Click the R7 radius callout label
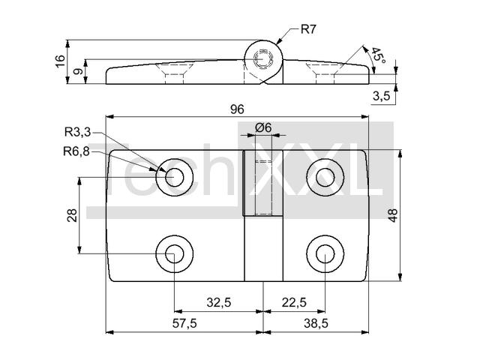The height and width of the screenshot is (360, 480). point(308,29)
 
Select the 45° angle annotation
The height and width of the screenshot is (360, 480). point(378,55)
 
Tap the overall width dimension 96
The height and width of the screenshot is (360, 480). point(237,109)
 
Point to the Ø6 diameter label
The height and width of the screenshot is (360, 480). point(263,127)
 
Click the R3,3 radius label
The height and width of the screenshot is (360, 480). point(77,132)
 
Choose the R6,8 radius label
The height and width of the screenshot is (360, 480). point(76,151)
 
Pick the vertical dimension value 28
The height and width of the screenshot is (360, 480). point(72,215)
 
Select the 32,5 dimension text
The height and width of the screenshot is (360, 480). point(218,302)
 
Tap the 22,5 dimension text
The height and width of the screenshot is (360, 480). point(294,302)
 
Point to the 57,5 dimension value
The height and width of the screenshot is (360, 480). point(184,323)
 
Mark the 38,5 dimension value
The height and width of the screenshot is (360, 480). point(316,323)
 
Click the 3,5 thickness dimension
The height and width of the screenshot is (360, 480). point(382,96)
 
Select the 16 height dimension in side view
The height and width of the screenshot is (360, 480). point(61,61)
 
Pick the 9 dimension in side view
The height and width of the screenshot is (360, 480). point(79,72)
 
